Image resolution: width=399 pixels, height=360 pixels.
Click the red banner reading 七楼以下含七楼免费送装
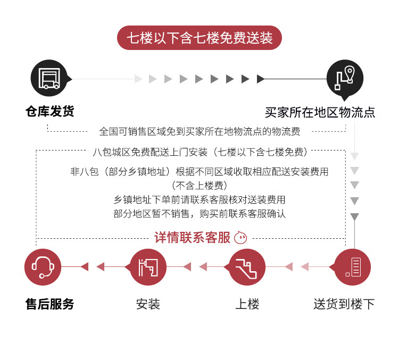[199, 38]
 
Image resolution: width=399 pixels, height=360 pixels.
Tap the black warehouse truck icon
[49, 78]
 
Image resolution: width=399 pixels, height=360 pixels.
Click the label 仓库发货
[49, 111]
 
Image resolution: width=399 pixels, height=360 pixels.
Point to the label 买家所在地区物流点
[320, 112]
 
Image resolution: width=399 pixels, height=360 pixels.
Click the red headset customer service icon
[43, 267]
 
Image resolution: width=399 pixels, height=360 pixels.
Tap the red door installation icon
[147, 267]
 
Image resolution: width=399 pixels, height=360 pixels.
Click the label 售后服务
[49, 304]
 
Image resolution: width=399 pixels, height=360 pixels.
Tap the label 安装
[148, 304]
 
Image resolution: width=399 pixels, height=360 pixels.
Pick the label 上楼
[247, 304]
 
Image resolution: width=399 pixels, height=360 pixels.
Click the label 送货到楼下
[344, 304]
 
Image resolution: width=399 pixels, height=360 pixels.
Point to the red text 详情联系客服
[192, 238]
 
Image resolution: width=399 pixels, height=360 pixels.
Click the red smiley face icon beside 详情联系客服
[240, 238]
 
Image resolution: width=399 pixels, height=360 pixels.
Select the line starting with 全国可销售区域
[199, 131]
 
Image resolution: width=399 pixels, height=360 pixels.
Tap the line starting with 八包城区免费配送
[200, 152]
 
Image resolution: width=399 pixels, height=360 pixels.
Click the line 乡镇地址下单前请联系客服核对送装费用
[199, 200]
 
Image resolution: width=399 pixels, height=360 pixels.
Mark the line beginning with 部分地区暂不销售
[199, 214]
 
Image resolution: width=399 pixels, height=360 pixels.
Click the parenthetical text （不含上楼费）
[199, 186]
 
